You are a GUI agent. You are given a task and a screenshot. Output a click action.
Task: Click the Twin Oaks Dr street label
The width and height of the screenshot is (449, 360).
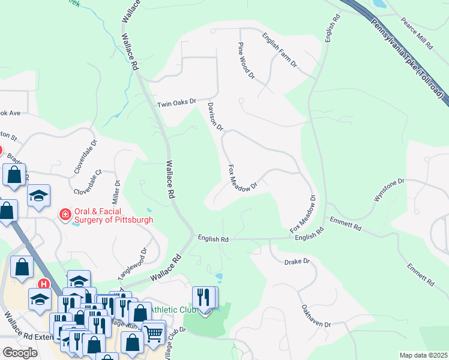[176, 103]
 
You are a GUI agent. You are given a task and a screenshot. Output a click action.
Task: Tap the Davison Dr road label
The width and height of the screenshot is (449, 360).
[215, 116]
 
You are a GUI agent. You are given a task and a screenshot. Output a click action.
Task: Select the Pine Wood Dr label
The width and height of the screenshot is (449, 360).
[246, 61]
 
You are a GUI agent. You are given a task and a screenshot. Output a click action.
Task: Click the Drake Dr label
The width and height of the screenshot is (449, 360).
[297, 262]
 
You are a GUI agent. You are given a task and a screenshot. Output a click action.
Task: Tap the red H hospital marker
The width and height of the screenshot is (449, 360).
[43, 284]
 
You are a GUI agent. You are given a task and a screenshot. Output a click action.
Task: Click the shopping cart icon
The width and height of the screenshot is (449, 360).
[154, 332]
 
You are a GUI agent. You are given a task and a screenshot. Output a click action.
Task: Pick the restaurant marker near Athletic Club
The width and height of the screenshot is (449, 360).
[204, 298]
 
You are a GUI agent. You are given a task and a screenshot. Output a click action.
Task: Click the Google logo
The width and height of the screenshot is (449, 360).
[20, 353]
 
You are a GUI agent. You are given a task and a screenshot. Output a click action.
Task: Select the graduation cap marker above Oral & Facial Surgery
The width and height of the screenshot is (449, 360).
[38, 196]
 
